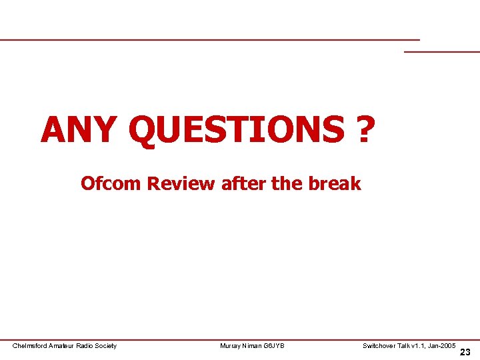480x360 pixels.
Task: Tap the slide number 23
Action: tap(465, 352)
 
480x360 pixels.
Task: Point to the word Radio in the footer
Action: tap(89, 345)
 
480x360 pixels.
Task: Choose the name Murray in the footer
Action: tap(230, 345)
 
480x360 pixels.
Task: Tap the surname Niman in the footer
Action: tap(253, 345)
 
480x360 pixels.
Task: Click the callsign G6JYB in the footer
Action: tap(275, 345)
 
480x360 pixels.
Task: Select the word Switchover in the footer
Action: tap(379, 345)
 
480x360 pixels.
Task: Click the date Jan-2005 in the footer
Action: tap(443, 345)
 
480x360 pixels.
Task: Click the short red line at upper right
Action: tap(442, 51)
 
